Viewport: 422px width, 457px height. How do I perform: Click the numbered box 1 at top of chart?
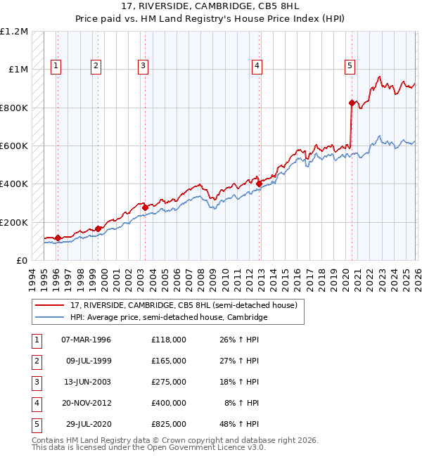tap(56, 66)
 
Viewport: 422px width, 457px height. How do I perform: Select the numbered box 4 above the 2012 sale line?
tap(257, 66)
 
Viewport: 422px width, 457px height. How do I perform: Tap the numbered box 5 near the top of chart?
tap(350, 66)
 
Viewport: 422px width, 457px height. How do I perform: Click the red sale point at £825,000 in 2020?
tap(352, 103)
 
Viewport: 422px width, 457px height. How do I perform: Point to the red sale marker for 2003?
tap(145, 207)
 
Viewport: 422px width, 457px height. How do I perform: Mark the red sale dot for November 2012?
tap(259, 184)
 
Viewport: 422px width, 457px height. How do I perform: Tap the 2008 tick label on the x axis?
tap(201, 278)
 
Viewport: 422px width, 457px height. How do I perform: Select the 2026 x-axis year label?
tap(416, 278)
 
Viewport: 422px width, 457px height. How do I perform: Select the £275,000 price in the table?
tap(168, 382)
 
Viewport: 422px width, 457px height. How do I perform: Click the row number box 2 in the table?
tap(35, 361)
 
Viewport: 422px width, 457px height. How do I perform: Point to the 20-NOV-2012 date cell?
tap(87, 403)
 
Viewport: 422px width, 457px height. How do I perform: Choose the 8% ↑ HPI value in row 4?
tap(245, 403)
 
